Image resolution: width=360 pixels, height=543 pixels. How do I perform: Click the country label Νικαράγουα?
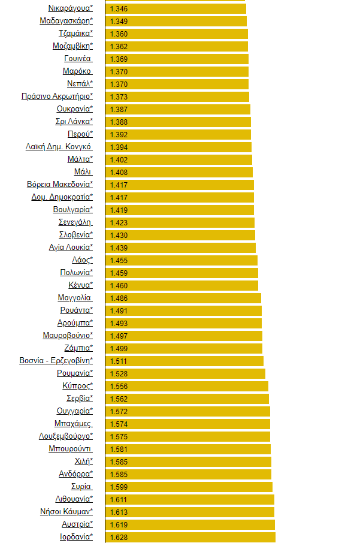70,8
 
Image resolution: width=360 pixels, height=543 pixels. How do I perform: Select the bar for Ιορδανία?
190,537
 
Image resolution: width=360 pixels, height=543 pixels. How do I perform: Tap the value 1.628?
119,537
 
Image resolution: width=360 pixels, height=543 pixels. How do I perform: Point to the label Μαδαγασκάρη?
66,21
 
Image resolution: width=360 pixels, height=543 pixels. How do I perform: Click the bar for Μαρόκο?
177,71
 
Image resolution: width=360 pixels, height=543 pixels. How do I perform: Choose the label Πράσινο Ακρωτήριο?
57,96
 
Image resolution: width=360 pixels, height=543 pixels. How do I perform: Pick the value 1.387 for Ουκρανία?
119,109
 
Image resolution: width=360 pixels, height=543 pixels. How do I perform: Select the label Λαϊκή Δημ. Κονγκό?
59,147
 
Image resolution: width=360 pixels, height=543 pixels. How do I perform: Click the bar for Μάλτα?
179,159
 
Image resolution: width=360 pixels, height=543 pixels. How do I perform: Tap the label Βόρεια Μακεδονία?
60,185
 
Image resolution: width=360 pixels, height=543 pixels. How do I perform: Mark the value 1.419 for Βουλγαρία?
119,210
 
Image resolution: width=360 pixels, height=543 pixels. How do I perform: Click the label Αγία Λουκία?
71,248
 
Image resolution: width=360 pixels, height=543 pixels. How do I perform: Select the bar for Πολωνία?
181,273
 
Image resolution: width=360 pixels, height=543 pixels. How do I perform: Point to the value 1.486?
119,298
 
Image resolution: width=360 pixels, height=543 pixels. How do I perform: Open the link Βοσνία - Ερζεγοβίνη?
56,361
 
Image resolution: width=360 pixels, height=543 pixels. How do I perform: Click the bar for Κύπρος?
186,386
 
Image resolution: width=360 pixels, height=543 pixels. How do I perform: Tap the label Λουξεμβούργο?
66,436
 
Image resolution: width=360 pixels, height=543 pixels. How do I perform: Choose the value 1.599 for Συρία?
119,487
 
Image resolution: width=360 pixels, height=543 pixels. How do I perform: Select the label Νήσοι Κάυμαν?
66,512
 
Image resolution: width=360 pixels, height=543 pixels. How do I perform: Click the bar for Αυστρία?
190,524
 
